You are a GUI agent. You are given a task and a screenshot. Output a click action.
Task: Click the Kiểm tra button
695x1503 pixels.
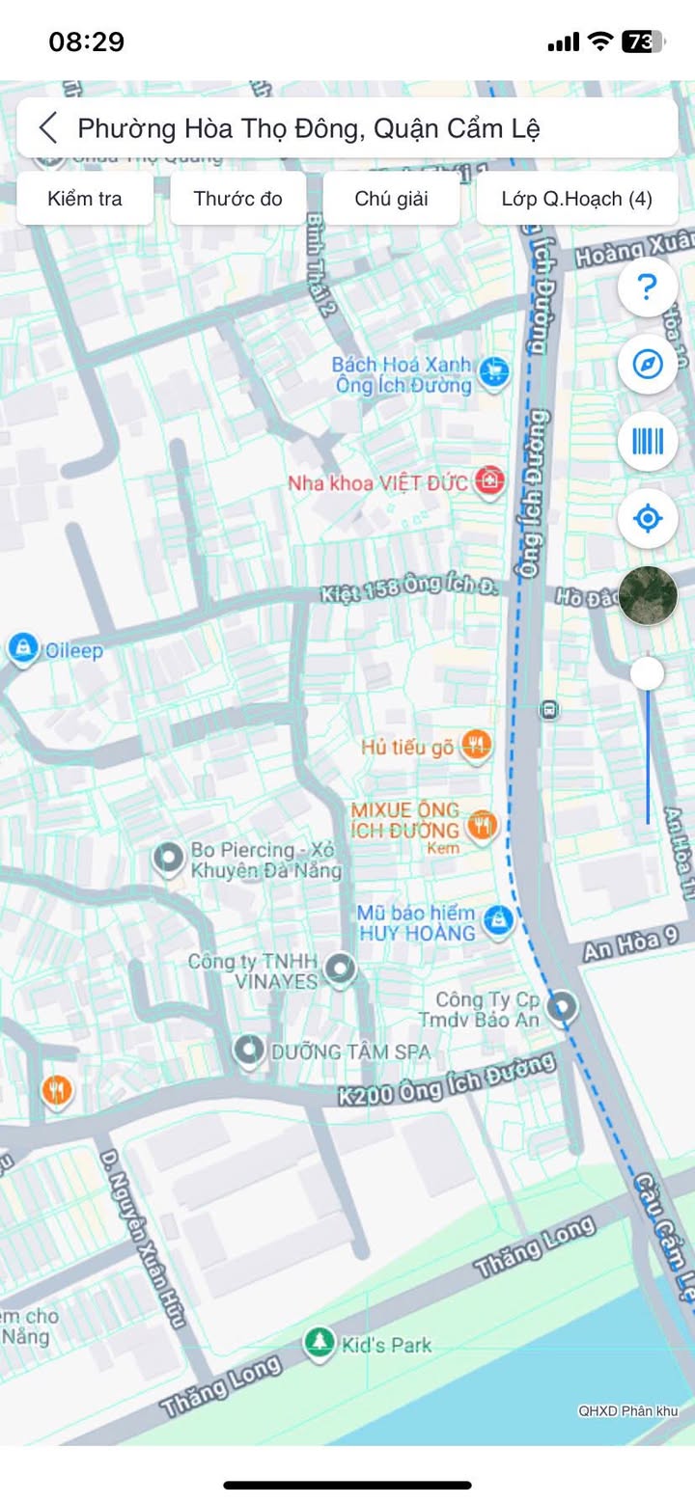[x=85, y=199]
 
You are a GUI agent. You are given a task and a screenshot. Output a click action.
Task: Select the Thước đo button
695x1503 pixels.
[x=237, y=199]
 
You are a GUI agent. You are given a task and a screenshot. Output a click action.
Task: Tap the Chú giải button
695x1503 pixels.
[x=391, y=199]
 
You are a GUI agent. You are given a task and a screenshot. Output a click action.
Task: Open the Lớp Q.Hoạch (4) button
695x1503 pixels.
[x=576, y=199]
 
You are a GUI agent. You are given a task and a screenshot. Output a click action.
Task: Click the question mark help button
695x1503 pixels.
[x=647, y=287]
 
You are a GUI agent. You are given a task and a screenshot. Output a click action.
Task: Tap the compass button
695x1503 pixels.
[x=647, y=365]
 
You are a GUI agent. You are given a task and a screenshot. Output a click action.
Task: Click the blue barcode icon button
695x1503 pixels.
[x=647, y=442]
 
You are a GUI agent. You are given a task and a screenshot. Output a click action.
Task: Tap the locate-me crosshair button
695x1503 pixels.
[x=647, y=519]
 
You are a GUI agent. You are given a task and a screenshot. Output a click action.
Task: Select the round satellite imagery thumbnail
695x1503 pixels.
[x=647, y=596]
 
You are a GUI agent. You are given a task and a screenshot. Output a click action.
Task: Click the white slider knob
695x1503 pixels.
[x=647, y=673]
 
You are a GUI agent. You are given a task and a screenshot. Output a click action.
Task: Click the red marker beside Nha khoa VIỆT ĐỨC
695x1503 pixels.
[x=490, y=480]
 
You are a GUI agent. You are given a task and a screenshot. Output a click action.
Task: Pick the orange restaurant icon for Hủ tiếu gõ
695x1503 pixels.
[x=476, y=745]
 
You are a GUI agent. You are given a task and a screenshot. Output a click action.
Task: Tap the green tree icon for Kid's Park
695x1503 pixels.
[x=318, y=1342]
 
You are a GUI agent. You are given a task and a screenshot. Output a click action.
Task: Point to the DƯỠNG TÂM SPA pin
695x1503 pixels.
[x=249, y=1050]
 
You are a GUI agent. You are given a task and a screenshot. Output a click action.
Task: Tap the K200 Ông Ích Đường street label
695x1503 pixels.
[x=447, y=1079]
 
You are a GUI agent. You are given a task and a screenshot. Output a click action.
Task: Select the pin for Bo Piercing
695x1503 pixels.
[x=170, y=858]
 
